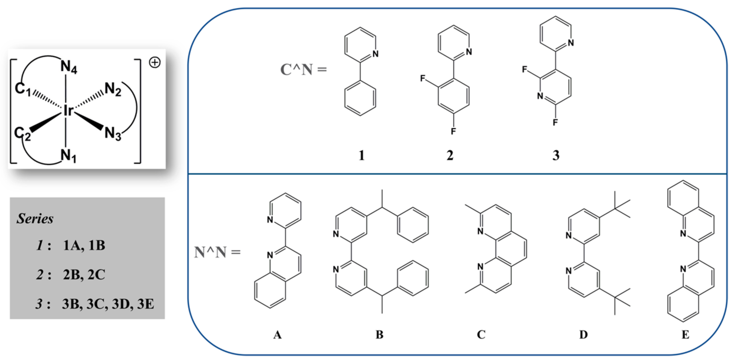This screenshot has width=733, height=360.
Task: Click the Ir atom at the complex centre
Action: pos(68,110)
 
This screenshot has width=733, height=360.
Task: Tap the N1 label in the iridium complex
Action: pos(68,156)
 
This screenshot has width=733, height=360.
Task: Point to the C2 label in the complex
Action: pos(22,134)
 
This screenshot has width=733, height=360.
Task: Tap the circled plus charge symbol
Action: pos(155,62)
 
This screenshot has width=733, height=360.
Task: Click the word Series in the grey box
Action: pos(35,219)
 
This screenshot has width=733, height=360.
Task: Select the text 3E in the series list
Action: pos(145,304)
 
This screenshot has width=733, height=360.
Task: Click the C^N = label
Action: pos(303,69)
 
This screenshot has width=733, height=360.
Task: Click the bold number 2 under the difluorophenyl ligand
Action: pos(450,155)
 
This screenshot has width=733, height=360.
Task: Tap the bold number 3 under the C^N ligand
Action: pos(556,155)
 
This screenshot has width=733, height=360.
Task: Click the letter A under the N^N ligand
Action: pos(277,335)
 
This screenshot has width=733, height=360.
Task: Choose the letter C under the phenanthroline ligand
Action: pos(481,335)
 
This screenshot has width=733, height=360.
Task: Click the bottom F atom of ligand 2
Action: pos(453,131)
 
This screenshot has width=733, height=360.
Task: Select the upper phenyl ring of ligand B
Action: pos(413,225)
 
